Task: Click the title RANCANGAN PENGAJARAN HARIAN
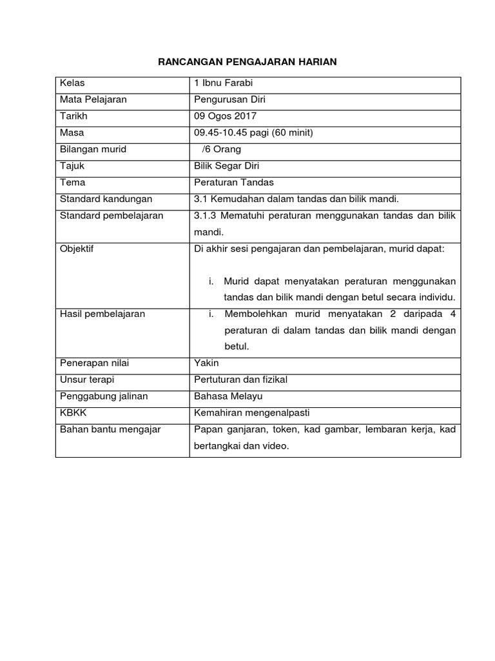(247, 61)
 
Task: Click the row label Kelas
(72, 83)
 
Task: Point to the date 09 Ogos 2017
(225, 116)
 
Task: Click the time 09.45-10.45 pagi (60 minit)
(253, 132)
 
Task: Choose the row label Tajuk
(72, 166)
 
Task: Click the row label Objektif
(77, 249)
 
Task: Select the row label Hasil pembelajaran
(102, 314)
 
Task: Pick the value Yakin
(206, 363)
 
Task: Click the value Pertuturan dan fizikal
(240, 380)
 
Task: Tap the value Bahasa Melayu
(228, 396)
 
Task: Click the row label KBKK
(72, 412)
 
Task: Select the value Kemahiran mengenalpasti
(247, 412)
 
